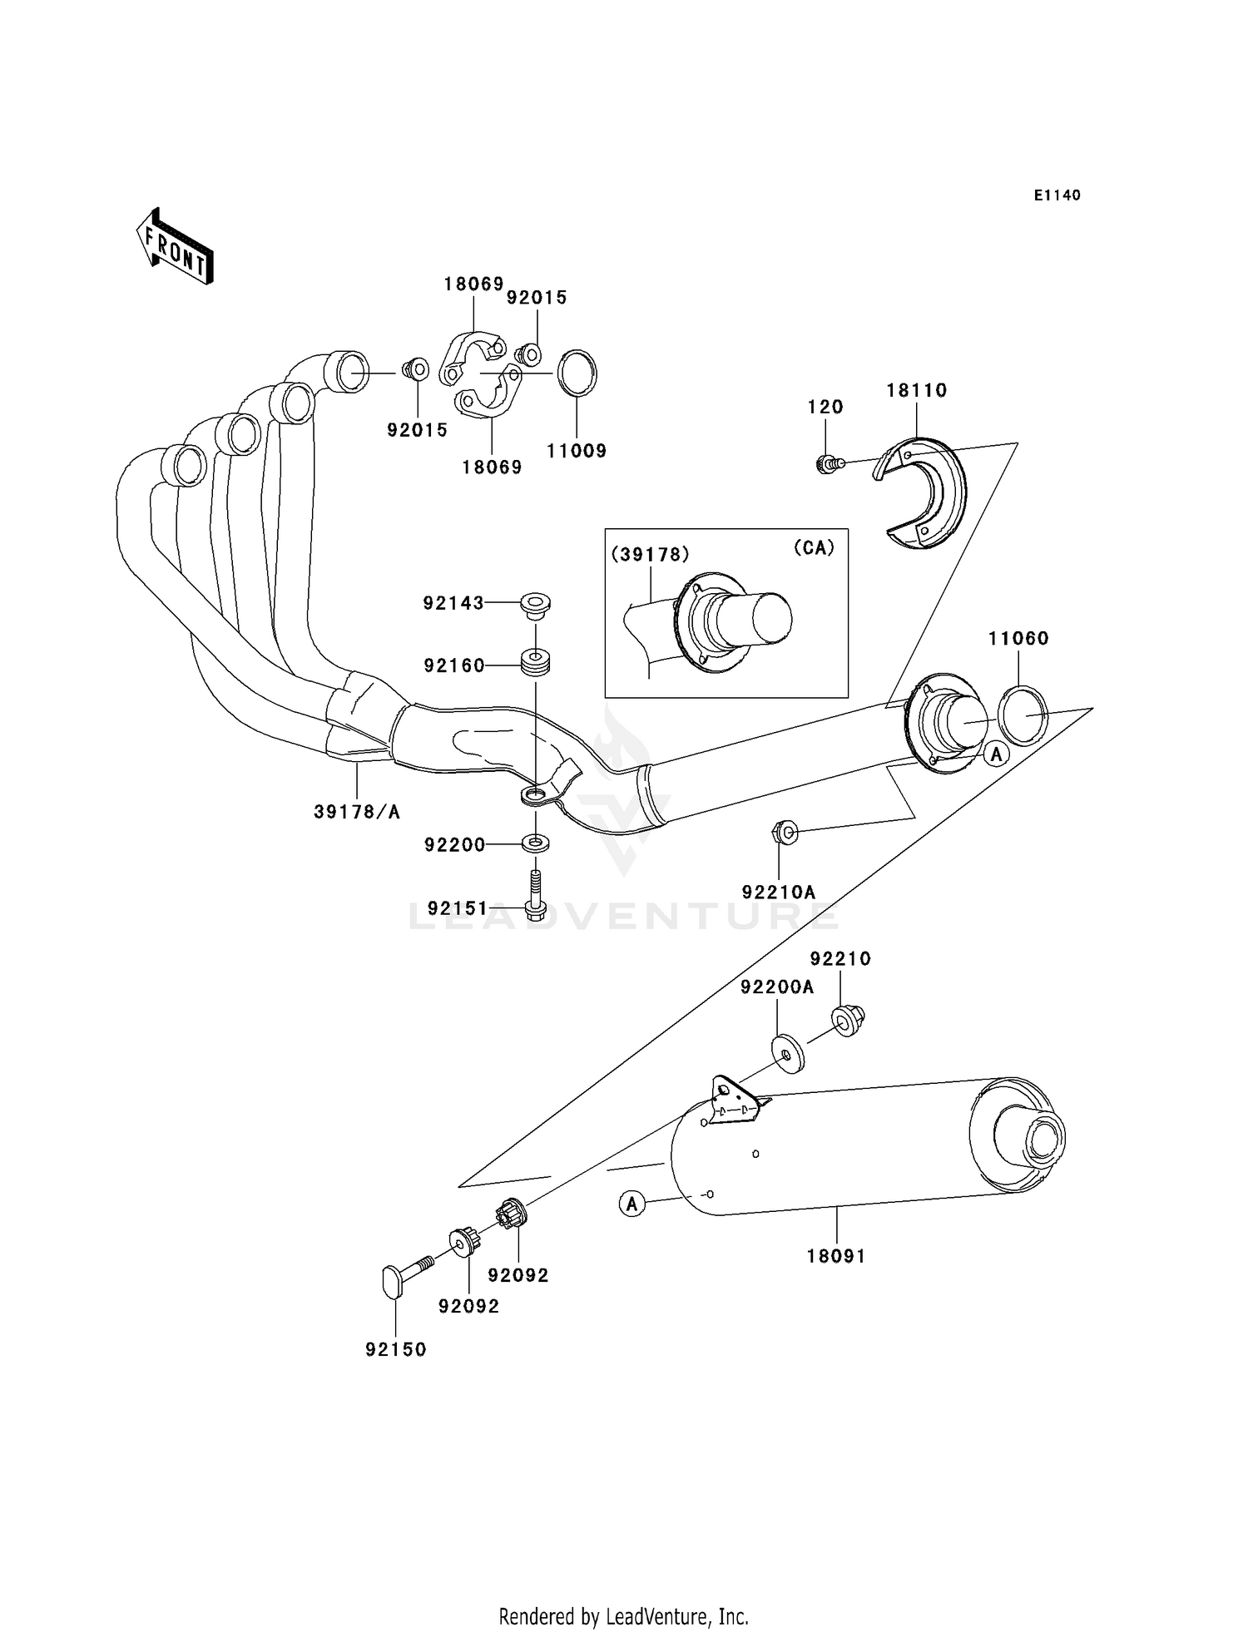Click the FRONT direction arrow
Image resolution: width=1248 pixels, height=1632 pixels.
pyautogui.click(x=175, y=248)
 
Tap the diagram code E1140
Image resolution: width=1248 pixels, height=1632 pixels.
pyautogui.click(x=1057, y=195)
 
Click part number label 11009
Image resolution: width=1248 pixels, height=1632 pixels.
pyautogui.click(x=576, y=451)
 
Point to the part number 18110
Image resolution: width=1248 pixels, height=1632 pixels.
pyautogui.click(x=916, y=390)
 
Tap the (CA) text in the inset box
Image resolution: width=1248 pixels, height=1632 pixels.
pyautogui.click(x=813, y=547)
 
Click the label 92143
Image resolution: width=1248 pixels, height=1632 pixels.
pyautogui.click(x=453, y=603)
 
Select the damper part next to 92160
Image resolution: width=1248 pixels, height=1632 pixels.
pyautogui.click(x=536, y=664)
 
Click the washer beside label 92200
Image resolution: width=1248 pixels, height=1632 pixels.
pyautogui.click(x=536, y=843)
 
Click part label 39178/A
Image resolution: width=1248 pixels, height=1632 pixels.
pyautogui.click(x=357, y=812)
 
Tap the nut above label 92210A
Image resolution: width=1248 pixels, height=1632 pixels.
pyautogui.click(x=785, y=830)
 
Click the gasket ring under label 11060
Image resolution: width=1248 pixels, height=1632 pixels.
pyautogui.click(x=1023, y=715)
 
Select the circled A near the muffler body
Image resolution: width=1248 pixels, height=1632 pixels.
pyautogui.click(x=632, y=1203)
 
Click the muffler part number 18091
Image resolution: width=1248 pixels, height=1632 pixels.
pyautogui.click(x=835, y=1256)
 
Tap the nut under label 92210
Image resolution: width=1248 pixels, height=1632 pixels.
pyautogui.click(x=847, y=1020)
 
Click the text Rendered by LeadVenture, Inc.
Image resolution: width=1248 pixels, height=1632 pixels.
pyautogui.click(x=623, y=1616)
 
